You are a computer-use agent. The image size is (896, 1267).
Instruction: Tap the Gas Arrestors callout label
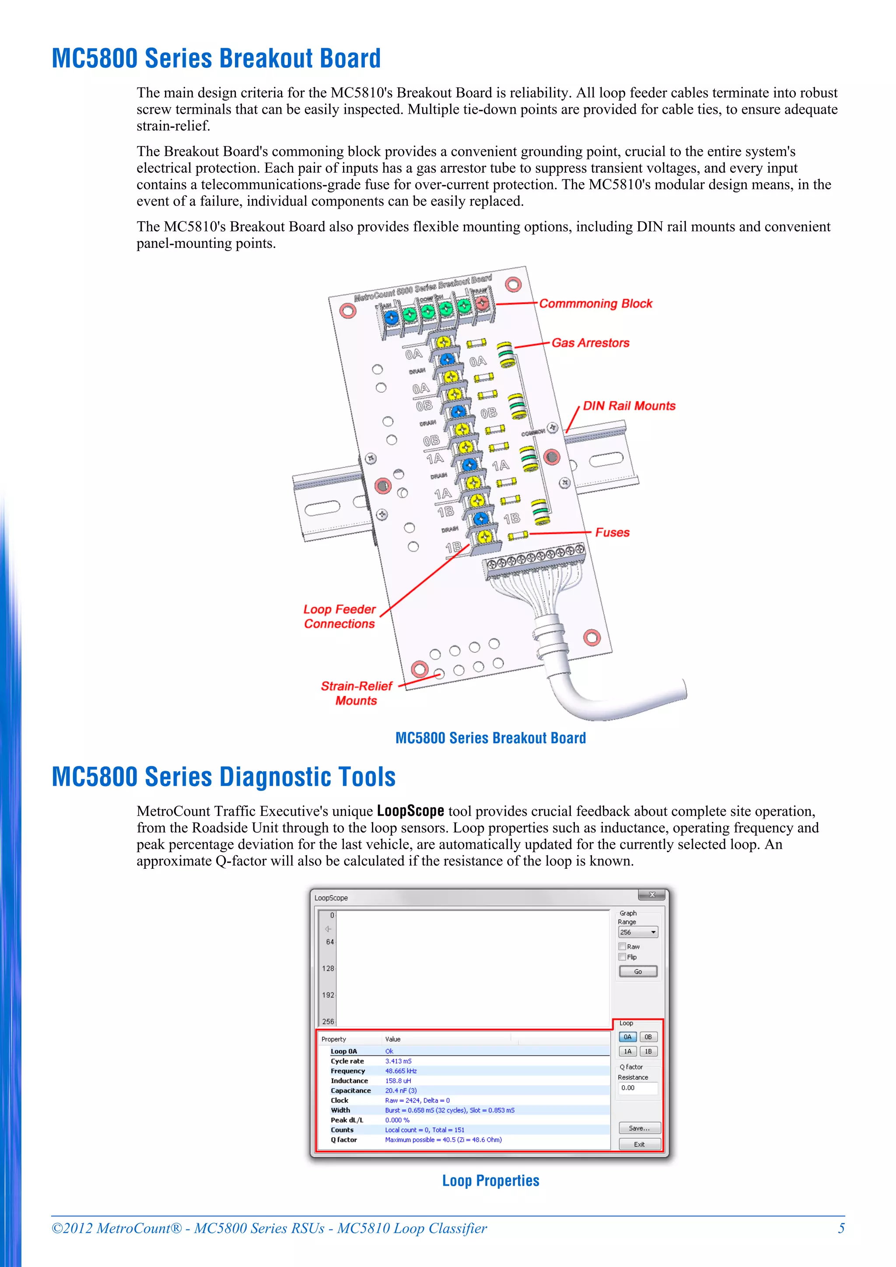point(590,343)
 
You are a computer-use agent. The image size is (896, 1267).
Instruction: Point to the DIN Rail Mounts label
point(629,406)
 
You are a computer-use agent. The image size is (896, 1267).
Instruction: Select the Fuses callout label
point(612,533)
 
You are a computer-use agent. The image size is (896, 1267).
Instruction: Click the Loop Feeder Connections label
point(339,616)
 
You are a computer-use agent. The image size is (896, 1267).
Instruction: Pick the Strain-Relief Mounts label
point(356,693)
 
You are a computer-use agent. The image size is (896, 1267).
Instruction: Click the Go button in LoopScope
point(637,971)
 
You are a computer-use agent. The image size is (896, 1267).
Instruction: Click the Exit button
point(639,1144)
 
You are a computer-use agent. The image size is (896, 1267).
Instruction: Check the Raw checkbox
point(622,947)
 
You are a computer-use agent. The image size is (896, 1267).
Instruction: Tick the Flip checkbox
point(622,957)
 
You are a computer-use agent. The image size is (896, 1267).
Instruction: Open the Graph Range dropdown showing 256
point(637,932)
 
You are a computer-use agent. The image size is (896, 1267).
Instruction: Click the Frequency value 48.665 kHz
point(401,1071)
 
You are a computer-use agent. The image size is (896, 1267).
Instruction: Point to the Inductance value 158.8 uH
point(398,1080)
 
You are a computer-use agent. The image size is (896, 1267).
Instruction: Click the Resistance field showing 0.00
point(637,1088)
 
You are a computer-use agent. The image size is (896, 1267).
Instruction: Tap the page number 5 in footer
point(841,1228)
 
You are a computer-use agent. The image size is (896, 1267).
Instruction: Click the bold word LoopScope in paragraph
point(410,811)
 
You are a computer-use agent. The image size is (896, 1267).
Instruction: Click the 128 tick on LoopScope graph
point(328,968)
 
